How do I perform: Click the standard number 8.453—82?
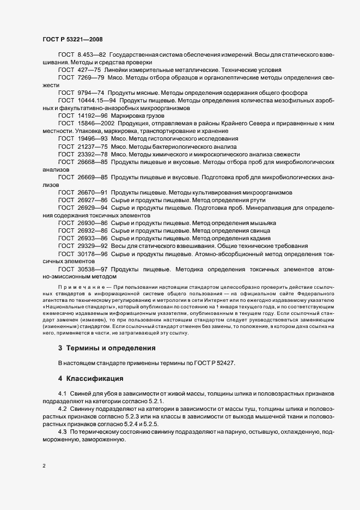(x=92, y=55)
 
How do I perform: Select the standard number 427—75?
(x=89, y=70)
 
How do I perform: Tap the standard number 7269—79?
(x=91, y=78)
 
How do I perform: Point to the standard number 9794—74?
(x=91, y=93)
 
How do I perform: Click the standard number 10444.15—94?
(x=96, y=101)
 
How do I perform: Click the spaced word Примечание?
(x=79, y=286)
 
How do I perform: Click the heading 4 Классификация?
(x=93, y=378)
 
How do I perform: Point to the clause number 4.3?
(x=62, y=432)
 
